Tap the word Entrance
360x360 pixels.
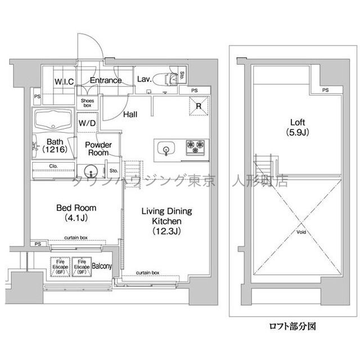pos(106,80)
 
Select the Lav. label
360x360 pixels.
pos(145,79)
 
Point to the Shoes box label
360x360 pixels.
pos(87,102)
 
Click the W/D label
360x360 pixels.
pos(87,122)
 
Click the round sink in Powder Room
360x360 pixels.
pos(89,171)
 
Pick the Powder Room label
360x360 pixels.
pos(98,148)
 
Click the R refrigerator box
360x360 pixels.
pos(199,105)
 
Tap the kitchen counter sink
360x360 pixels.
pos(166,148)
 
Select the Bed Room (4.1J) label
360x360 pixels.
pos(71,212)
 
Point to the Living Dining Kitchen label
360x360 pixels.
pos(166,220)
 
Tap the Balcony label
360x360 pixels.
pos(102,266)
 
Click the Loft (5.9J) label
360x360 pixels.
pos(298,127)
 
